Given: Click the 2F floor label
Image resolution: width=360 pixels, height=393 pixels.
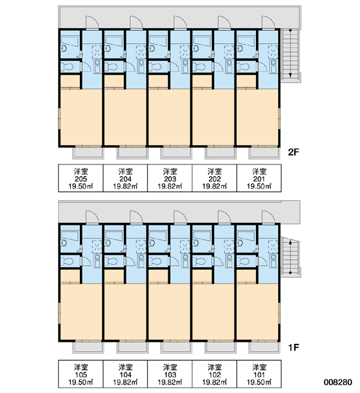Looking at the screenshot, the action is pyautogui.click(x=294, y=152).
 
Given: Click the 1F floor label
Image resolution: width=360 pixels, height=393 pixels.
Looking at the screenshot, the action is pyautogui.click(x=294, y=347).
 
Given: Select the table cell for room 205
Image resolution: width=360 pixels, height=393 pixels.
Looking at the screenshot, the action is pyautogui.click(x=81, y=178).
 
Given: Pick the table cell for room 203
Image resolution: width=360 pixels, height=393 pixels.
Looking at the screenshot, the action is pyautogui.click(x=170, y=178).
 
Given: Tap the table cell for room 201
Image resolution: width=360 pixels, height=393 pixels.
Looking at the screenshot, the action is pyautogui.click(x=259, y=178).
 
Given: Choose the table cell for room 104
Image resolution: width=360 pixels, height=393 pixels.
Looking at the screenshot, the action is pyautogui.click(x=125, y=374).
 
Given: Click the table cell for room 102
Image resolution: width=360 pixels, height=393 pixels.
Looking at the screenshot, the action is pyautogui.click(x=215, y=374).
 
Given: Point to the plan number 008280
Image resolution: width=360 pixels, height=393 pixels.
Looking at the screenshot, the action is pyautogui.click(x=338, y=383).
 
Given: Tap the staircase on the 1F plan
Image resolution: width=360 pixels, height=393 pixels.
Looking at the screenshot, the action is pyautogui.click(x=290, y=257).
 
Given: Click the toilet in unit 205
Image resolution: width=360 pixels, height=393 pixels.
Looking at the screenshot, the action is pyautogui.click(x=67, y=67).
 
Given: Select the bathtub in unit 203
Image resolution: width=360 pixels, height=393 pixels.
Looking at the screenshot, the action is pyautogui.click(x=158, y=41).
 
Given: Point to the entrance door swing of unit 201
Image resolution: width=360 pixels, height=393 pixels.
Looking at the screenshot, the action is pyautogui.click(x=268, y=22).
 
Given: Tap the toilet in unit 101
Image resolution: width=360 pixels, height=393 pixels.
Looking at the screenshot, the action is pyautogui.click(x=243, y=261).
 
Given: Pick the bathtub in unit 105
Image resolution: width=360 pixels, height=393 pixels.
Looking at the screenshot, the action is pyautogui.click(x=70, y=236).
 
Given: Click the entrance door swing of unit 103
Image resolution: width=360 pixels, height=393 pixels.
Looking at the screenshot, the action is pyautogui.click(x=181, y=217).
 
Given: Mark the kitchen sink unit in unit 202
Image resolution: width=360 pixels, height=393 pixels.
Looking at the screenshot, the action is pyautogui.click(x=229, y=66).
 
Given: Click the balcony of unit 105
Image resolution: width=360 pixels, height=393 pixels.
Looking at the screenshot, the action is pyautogui.click(x=88, y=347).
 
